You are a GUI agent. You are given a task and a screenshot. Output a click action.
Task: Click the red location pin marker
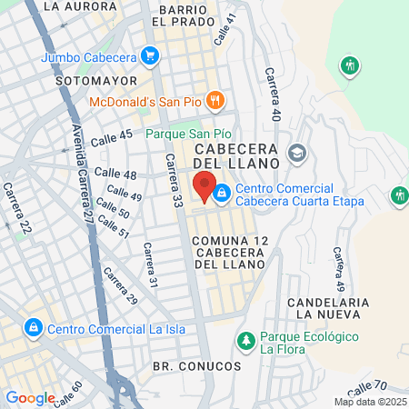point(204,185)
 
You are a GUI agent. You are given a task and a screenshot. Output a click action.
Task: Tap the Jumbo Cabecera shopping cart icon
point(151,56)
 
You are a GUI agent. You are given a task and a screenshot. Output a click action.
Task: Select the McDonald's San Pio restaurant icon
point(215,100)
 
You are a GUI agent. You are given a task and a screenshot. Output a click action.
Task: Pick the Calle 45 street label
point(114,135)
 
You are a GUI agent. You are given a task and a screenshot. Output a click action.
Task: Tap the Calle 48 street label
point(115,173)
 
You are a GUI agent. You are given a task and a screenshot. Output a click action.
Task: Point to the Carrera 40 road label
point(271,95)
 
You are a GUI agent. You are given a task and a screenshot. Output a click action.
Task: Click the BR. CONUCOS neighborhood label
point(197,365)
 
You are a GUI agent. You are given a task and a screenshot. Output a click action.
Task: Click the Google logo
point(30,398)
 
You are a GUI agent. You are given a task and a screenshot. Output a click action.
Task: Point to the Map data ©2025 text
point(369,402)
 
